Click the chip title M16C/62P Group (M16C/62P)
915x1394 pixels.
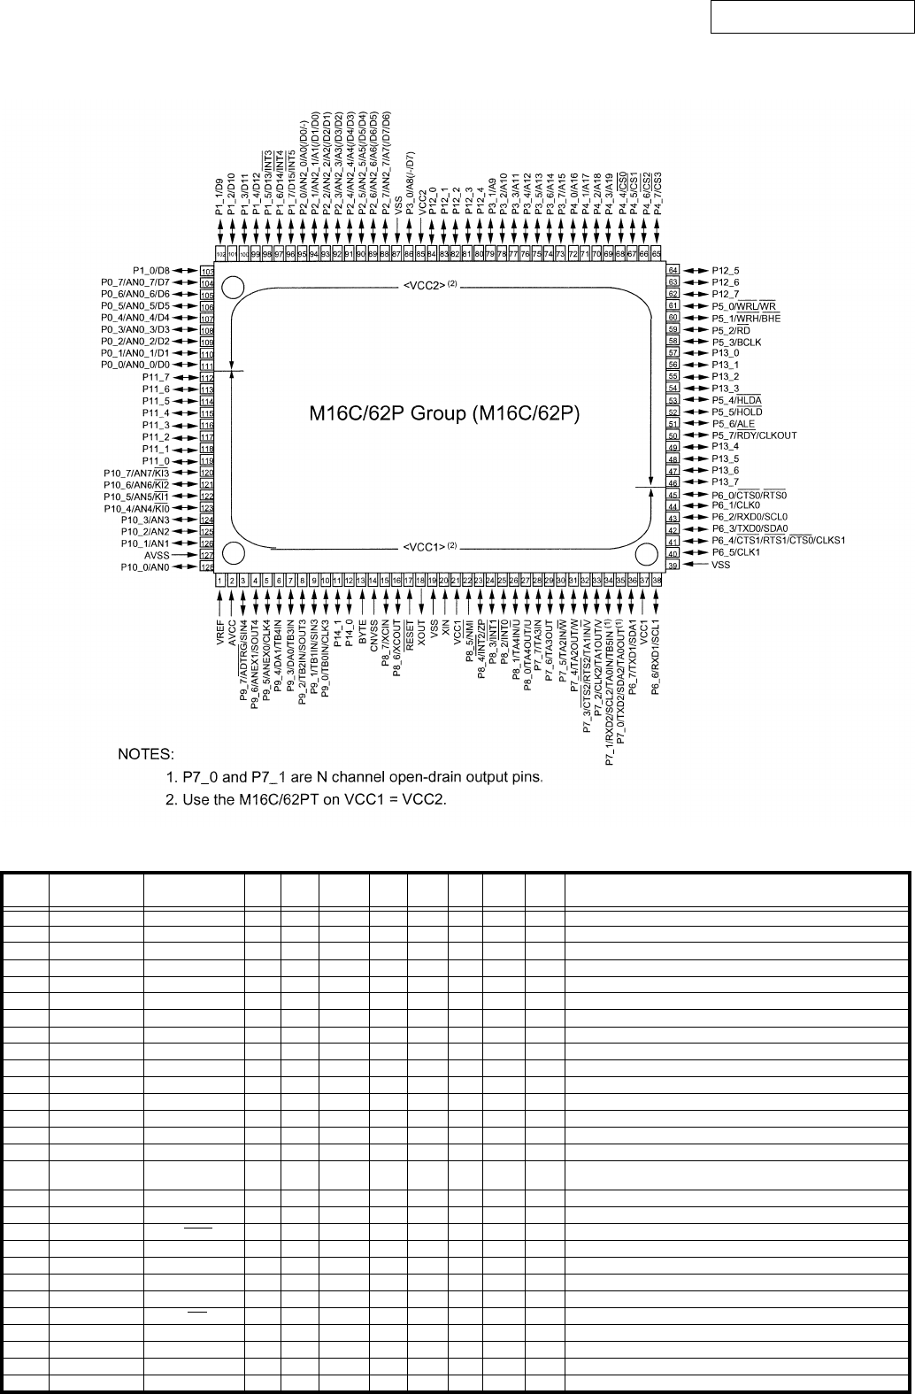(x=443, y=413)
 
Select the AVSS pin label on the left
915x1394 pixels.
(x=156, y=555)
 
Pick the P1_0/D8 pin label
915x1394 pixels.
(x=151, y=270)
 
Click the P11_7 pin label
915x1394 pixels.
(x=156, y=378)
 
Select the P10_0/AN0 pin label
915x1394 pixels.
(x=146, y=566)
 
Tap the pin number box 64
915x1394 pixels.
(x=673, y=270)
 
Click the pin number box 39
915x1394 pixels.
(x=673, y=565)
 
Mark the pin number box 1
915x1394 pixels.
(x=220, y=581)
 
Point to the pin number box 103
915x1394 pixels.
(x=207, y=271)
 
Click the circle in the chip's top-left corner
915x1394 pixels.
(x=234, y=288)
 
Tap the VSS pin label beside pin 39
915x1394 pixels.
(x=721, y=565)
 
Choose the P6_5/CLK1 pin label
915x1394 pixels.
(x=736, y=552)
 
